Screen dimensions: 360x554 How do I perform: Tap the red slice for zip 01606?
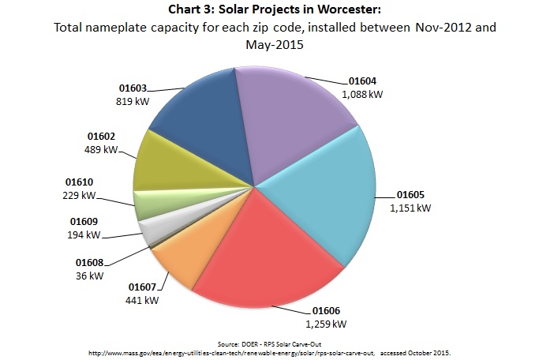click(253, 276)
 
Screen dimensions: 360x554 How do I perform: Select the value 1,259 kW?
click(326, 323)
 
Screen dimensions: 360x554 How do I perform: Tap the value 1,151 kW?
click(411, 208)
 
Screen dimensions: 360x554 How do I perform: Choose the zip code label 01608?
click(90, 261)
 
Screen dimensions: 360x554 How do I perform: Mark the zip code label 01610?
click(77, 182)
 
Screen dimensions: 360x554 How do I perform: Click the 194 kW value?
click(84, 234)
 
